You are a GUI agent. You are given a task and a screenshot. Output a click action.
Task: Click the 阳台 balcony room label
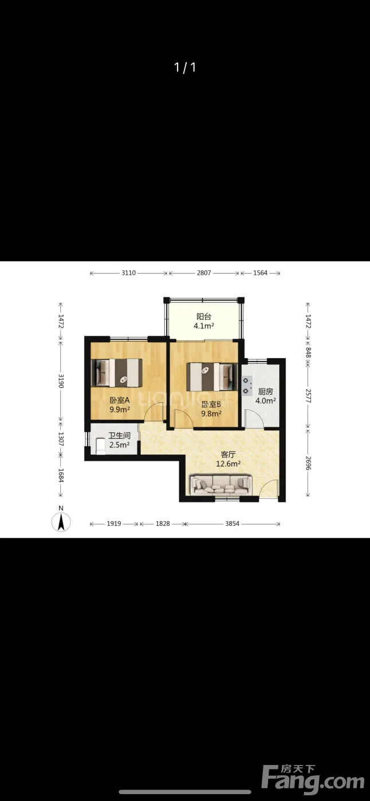[204, 316]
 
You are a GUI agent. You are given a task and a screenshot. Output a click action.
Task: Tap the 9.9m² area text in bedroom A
[120, 410]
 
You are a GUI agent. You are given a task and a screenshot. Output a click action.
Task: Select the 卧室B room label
[211, 405]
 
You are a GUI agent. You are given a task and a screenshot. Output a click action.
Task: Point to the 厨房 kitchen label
[266, 391]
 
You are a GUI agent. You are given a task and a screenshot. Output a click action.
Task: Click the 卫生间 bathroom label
[120, 435]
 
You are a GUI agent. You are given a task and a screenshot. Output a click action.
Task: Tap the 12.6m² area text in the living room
[228, 464]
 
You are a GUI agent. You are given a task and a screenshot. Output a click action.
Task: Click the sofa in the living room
[221, 485]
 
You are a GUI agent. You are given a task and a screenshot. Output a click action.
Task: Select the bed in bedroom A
[117, 372]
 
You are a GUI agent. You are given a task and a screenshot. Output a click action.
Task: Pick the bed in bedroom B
[212, 377]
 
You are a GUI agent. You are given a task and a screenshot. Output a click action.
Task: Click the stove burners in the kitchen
[247, 386]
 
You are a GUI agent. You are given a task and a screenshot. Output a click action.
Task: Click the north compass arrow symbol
[61, 522]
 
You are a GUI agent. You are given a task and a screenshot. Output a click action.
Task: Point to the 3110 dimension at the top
[128, 273]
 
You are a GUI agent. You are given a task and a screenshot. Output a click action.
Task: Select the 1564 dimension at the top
[260, 273]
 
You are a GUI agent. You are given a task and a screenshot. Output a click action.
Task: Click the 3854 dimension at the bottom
[232, 524]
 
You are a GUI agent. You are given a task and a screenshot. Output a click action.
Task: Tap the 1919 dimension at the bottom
[114, 524]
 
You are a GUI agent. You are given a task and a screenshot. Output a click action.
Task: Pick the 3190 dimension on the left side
[61, 381]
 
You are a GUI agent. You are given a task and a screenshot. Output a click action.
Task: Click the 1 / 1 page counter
[185, 68]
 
